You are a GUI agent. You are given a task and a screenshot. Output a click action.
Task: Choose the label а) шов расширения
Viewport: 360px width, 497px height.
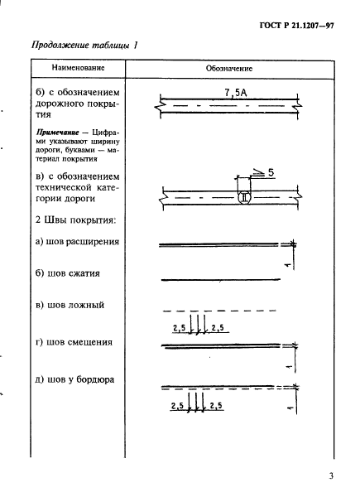(78, 242)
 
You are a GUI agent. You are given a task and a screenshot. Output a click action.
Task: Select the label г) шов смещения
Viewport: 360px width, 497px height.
(74, 341)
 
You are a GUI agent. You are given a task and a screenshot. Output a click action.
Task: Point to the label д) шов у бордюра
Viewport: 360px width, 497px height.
(74, 380)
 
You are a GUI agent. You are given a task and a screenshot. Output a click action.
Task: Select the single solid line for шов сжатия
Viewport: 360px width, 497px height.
(220, 277)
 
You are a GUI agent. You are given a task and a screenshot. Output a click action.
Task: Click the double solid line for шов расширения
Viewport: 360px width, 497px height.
(220, 244)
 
